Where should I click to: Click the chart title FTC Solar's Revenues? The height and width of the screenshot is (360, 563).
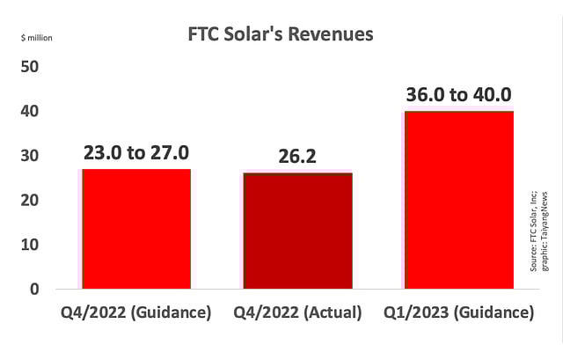pyautogui.click(x=281, y=36)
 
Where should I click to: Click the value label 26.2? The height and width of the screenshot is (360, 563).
pyautogui.click(x=297, y=156)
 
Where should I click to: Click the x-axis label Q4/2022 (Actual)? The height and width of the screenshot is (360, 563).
pyautogui.click(x=297, y=313)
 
